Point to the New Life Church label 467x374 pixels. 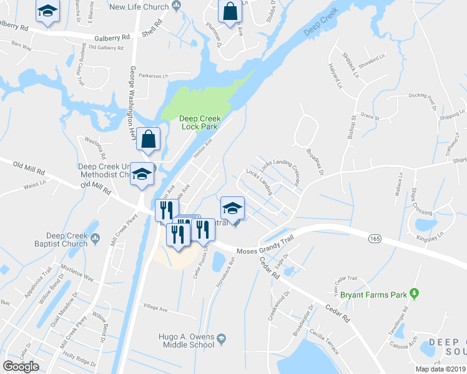pos(139,7)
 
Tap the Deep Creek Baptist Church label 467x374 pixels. pos(61,240)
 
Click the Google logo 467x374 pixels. pos(21,367)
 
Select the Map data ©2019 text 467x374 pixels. pos(440,369)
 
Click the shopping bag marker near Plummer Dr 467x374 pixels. pos(230,12)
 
